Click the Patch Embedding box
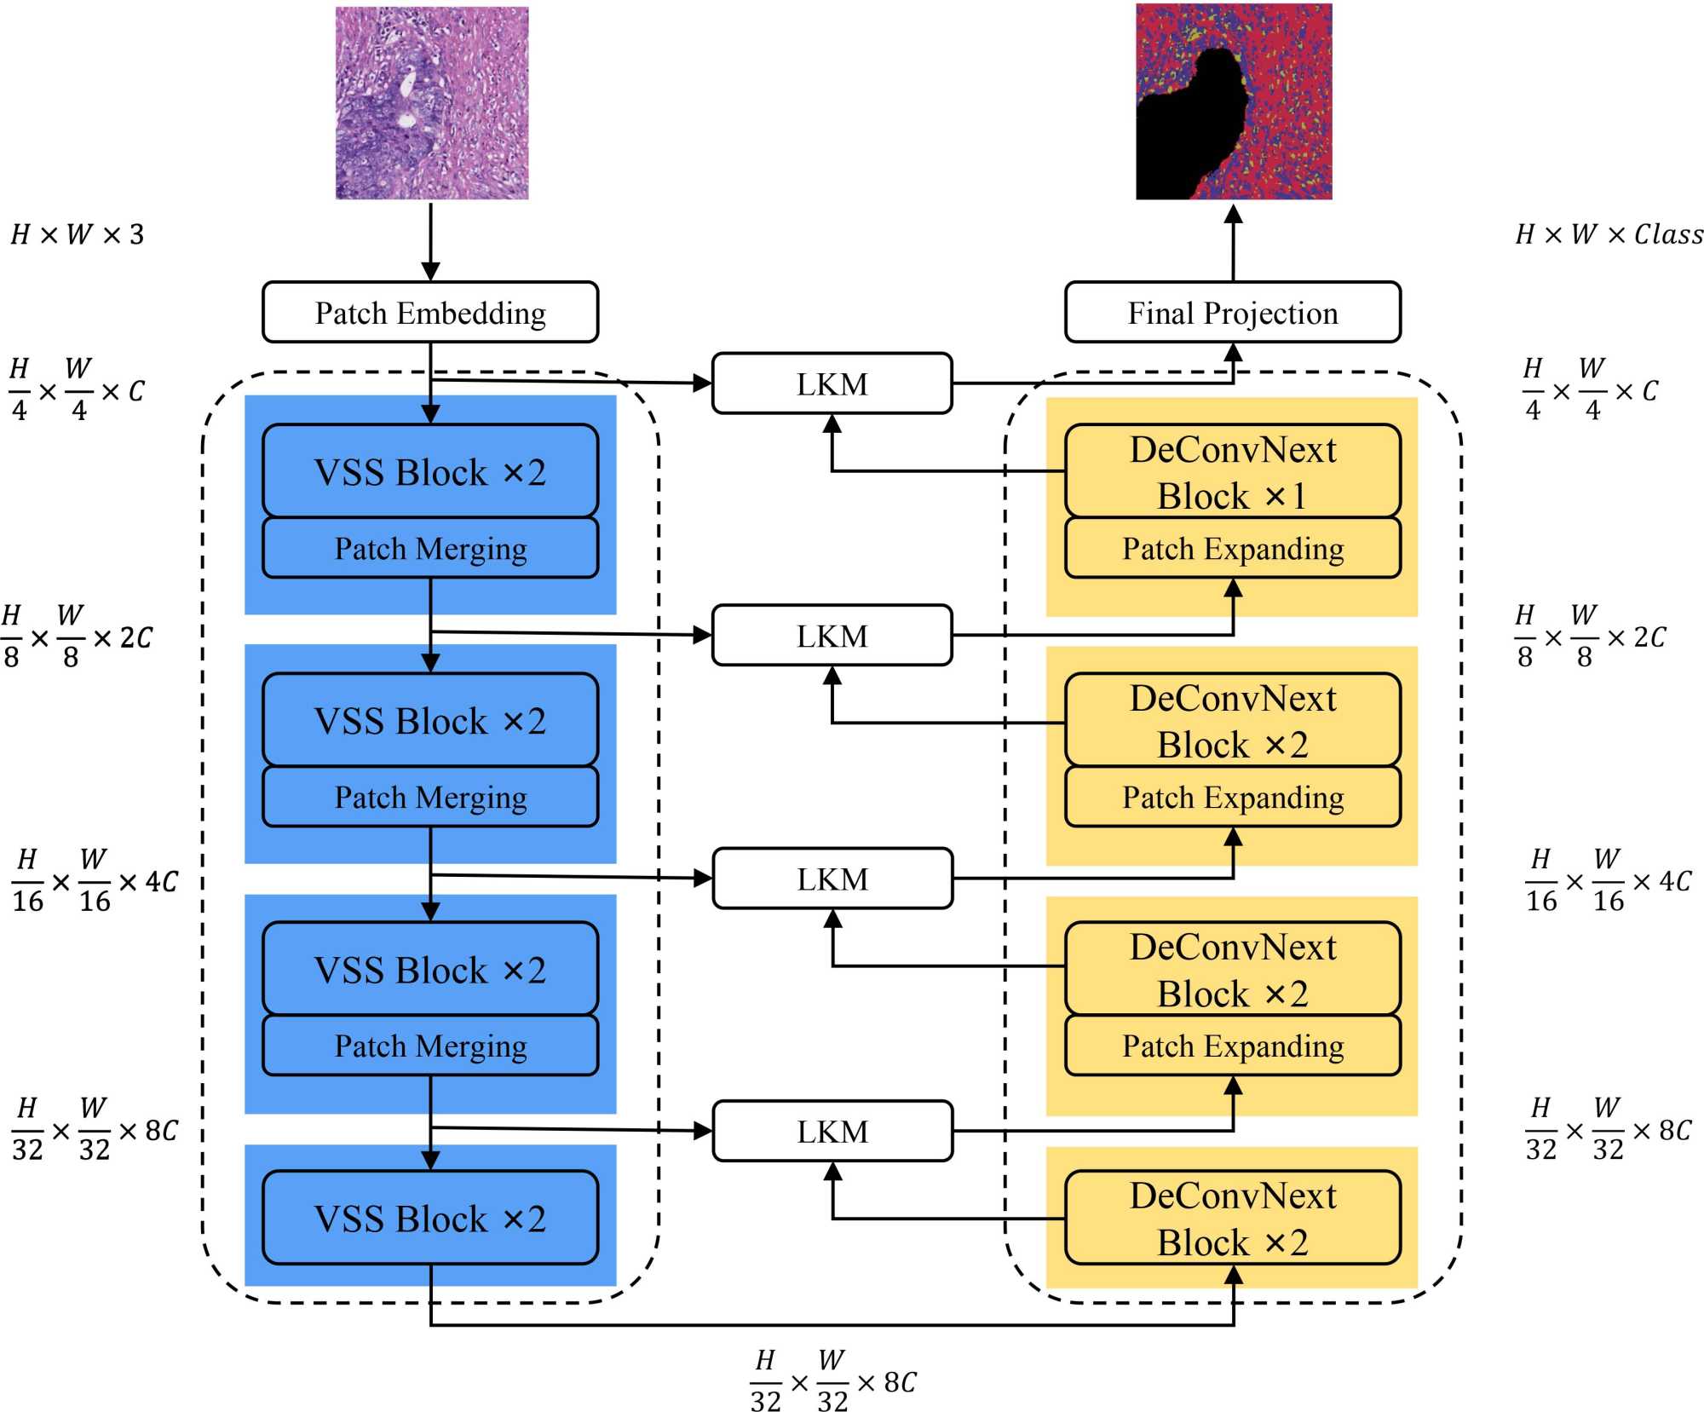430,313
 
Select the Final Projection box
1232,313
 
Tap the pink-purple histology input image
432,103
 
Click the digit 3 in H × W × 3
136,234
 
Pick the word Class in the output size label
1668,234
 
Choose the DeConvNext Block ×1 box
1232,471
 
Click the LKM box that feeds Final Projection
832,384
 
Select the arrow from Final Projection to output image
1233,243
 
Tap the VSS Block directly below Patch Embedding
430,471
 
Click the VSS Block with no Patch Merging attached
430,1218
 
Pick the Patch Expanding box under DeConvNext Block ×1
1232,549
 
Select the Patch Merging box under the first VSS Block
430,549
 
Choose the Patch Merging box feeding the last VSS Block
430,1046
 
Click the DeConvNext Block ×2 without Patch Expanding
1232,1218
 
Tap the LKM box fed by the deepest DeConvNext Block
832,1131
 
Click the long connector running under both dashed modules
832,1325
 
